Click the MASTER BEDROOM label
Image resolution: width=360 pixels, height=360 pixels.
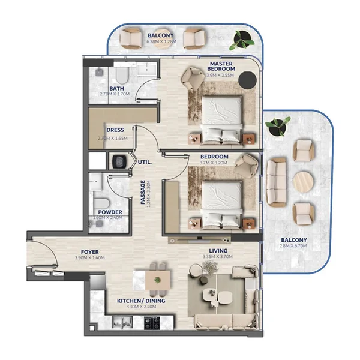point(225,66)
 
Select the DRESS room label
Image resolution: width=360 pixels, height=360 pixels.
point(115,130)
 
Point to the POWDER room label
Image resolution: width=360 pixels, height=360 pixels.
point(110,212)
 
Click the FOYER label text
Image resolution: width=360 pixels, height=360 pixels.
point(90,252)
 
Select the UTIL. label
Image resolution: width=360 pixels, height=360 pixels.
point(145,162)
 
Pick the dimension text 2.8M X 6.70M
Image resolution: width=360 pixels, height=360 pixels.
point(293,248)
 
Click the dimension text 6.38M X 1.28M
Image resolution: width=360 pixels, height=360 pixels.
point(160,42)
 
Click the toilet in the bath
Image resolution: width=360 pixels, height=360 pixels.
point(121,76)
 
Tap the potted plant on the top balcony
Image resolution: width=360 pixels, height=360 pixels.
point(244,38)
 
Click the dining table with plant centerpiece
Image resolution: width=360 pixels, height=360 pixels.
point(157,278)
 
